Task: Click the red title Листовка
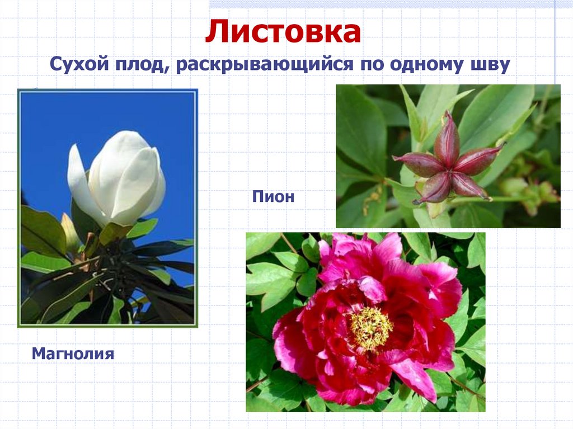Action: point(283,32)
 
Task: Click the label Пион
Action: point(273,197)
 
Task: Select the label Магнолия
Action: point(73,353)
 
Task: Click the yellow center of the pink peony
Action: point(370,327)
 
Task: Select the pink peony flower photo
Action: point(365,322)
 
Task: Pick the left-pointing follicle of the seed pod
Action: point(419,164)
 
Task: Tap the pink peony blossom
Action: point(367,319)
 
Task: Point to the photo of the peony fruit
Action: point(448,156)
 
